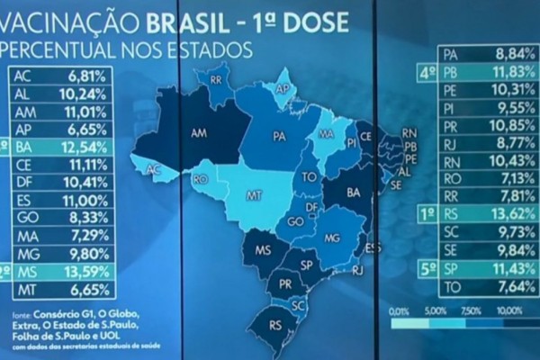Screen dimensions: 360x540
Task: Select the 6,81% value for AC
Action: click(86, 76)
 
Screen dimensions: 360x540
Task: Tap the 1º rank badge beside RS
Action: click(428, 214)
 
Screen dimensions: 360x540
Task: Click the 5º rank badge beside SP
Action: click(428, 268)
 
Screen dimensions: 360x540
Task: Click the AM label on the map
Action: click(200, 131)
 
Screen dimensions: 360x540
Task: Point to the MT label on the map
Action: click(256, 194)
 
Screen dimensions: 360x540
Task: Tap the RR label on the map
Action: click(216, 79)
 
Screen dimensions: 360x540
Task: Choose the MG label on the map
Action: click(332, 238)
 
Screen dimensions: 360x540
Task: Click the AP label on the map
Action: click(282, 89)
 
